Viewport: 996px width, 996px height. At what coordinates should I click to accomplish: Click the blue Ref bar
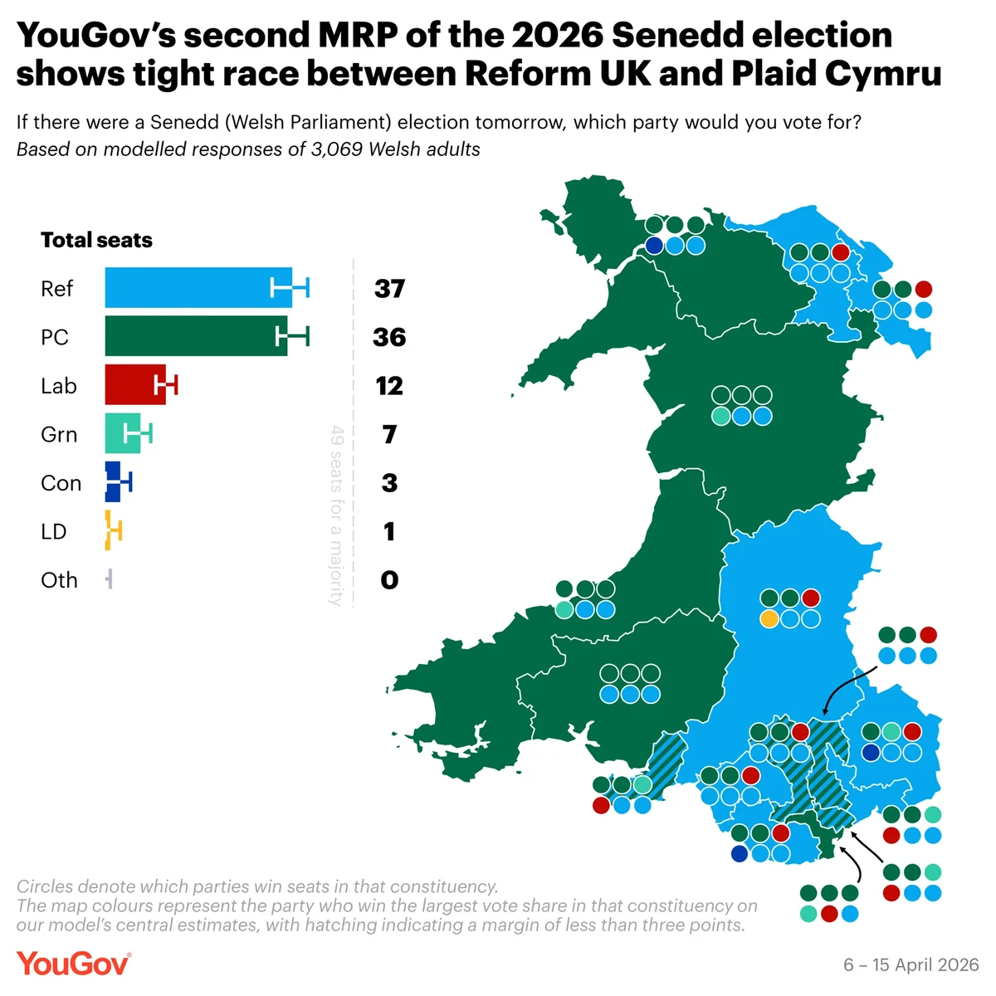[198, 288]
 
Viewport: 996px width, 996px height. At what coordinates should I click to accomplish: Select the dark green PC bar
[195, 336]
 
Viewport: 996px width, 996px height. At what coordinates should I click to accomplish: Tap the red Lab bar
[134, 385]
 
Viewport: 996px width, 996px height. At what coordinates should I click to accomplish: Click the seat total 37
[389, 289]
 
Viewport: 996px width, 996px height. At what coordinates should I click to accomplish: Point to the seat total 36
[389, 337]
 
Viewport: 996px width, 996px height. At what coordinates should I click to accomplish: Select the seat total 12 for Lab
[389, 386]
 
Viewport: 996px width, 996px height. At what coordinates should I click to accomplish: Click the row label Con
[61, 483]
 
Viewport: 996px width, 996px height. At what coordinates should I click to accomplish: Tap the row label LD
[53, 531]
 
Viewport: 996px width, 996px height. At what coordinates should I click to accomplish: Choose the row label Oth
[59, 580]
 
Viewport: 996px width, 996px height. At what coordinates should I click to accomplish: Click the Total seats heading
[96, 241]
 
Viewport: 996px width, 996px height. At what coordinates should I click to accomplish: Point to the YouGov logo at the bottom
[73, 964]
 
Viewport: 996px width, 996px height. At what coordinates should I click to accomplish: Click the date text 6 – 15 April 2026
[911, 964]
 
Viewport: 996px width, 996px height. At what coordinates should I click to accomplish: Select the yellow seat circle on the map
[769, 618]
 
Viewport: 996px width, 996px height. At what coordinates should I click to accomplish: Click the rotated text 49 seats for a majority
[336, 515]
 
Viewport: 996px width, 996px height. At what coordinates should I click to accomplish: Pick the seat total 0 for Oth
[389, 580]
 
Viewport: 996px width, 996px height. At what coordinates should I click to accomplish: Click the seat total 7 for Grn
[389, 434]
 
